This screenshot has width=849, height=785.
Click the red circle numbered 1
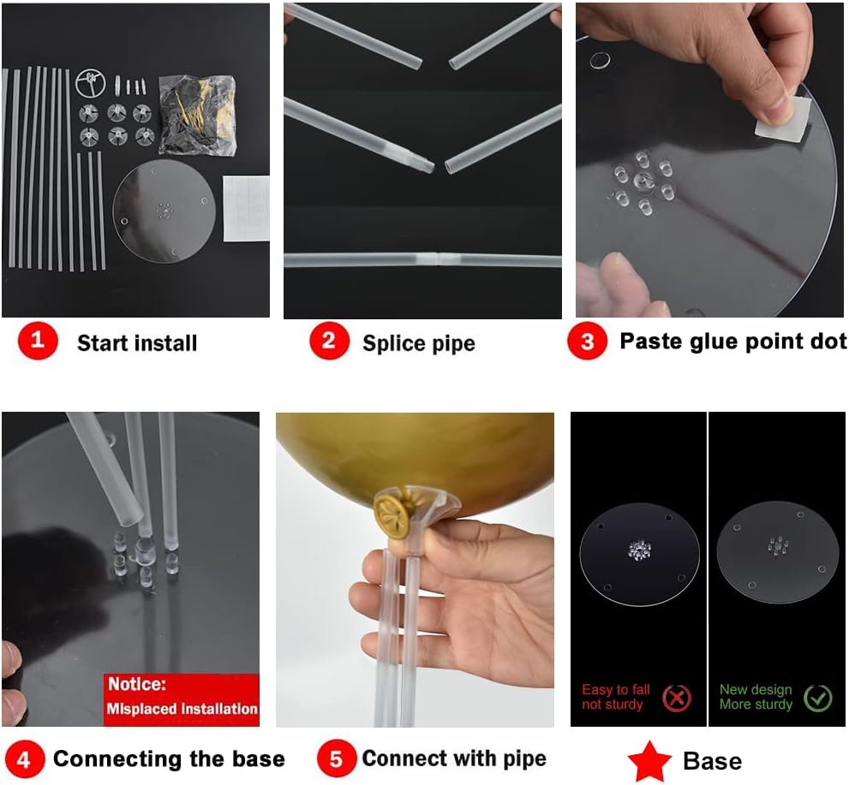coord(38,341)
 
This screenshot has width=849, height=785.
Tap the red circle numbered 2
coord(329,341)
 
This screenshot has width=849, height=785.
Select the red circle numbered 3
coord(587,341)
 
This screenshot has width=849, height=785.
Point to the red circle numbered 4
coord(24,759)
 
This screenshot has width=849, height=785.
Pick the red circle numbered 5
coord(336,758)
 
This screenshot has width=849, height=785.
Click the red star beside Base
coord(649,761)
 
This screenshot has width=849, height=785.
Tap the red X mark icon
coord(677,699)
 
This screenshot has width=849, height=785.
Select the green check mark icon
coord(817,699)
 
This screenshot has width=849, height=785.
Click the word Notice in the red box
coord(137,684)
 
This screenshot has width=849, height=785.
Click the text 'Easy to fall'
coord(616,690)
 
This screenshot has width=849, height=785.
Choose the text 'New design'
coord(756,690)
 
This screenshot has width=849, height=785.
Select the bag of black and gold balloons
coord(198,115)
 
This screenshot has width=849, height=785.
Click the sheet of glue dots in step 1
coord(246,208)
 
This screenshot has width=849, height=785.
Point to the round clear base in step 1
coord(164,211)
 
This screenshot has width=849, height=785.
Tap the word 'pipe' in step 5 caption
coord(524,759)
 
